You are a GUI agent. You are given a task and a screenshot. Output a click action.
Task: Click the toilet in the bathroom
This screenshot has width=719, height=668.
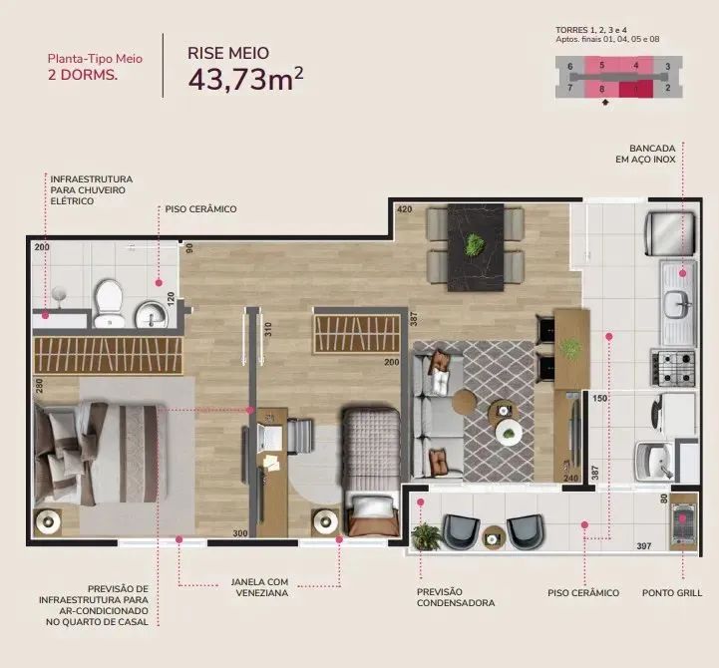click(x=109, y=303)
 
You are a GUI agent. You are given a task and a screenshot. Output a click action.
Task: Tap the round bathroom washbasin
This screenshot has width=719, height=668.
click(x=151, y=314)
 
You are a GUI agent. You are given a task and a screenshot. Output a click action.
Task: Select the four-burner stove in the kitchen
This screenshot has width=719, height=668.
click(x=673, y=367)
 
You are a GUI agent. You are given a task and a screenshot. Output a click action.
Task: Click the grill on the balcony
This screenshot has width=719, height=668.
click(x=683, y=521)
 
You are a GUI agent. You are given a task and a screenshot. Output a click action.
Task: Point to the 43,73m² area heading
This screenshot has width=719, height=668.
click(x=245, y=79)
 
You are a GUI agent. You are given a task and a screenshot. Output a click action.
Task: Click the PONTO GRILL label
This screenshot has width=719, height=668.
click(x=672, y=593)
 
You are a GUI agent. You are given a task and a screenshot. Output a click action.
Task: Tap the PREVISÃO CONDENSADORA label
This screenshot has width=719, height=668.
click(x=456, y=597)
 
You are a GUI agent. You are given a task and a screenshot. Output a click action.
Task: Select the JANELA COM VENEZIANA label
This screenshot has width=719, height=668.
click(x=259, y=587)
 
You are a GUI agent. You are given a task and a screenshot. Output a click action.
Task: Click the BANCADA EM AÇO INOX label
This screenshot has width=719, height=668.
click(x=645, y=154)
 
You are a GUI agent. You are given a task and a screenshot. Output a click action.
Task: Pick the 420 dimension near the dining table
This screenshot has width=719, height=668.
click(x=405, y=209)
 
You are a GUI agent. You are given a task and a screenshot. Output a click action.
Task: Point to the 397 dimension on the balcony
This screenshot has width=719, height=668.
click(x=644, y=546)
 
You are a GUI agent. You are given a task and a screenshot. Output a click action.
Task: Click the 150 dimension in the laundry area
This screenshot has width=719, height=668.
click(x=599, y=398)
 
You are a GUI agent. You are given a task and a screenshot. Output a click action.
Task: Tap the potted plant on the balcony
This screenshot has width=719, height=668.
click(x=425, y=535)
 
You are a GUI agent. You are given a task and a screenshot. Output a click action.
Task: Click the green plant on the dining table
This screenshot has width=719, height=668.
click(x=475, y=244)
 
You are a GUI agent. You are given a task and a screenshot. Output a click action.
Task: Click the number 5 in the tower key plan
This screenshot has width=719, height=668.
click(x=601, y=66)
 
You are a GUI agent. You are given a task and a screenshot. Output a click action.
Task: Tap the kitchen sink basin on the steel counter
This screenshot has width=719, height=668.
click(x=679, y=303)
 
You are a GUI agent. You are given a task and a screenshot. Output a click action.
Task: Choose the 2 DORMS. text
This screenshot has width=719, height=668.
click(x=83, y=75)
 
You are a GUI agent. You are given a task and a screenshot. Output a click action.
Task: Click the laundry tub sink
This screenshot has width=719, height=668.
click(x=654, y=460)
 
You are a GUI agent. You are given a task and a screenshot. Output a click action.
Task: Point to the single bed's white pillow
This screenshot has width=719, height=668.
click(x=374, y=507)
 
